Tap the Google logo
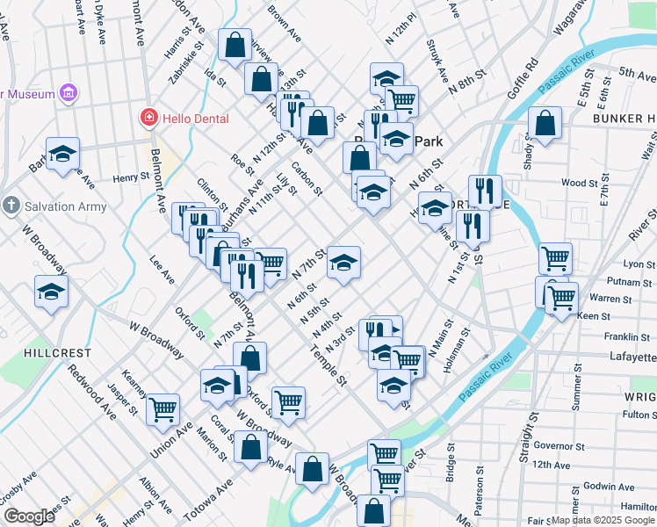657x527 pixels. point(28,516)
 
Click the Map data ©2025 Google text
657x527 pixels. point(603,520)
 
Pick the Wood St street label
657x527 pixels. point(579,183)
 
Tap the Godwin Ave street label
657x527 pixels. point(602,486)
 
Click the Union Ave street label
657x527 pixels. point(171,441)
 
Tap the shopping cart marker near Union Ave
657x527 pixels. point(162,408)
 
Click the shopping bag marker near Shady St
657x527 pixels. point(545,124)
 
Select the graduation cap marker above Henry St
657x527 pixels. point(62,153)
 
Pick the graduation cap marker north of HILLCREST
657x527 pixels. point(52,291)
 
